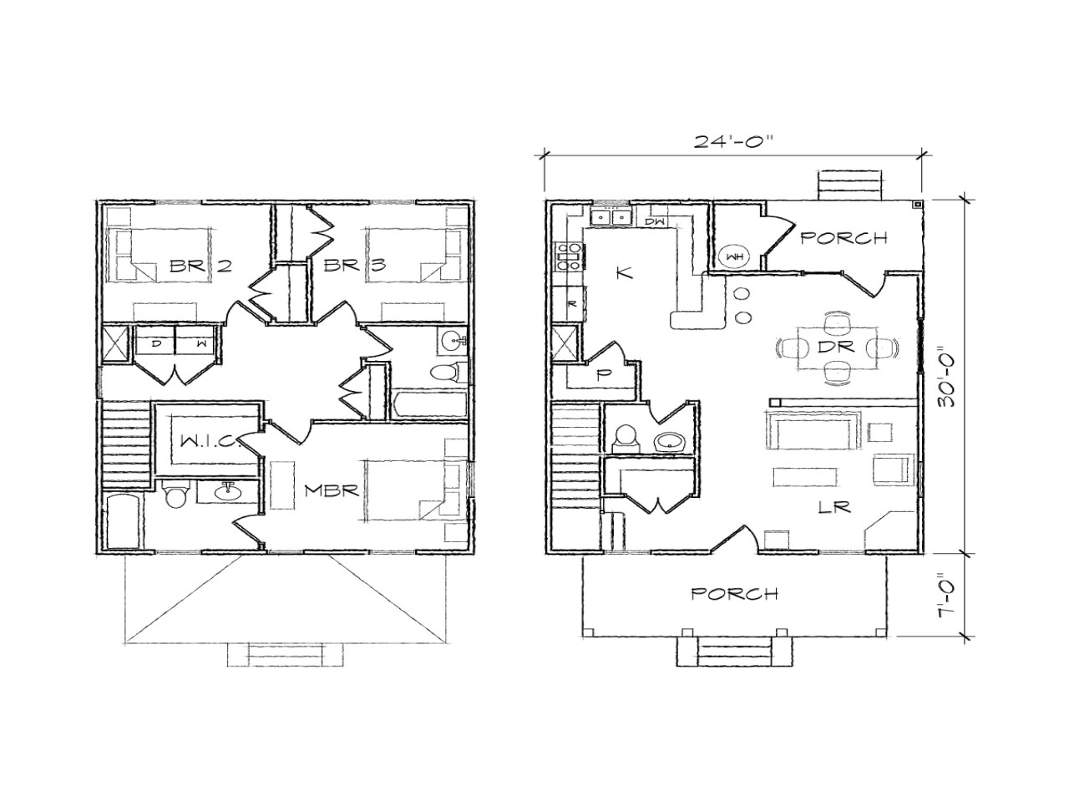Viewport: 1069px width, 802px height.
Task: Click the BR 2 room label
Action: click(x=200, y=266)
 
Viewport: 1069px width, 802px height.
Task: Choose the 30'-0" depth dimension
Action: click(x=946, y=376)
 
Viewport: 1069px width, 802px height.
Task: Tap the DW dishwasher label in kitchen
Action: click(x=654, y=221)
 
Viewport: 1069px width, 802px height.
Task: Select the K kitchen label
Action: click(x=624, y=272)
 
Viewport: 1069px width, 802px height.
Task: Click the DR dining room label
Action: click(x=836, y=347)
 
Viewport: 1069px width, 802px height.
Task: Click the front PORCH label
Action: click(x=734, y=594)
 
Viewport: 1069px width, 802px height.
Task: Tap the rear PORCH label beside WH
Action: click(x=844, y=238)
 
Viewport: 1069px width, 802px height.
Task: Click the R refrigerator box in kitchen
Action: click(x=571, y=303)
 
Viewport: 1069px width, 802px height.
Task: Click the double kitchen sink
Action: click(x=610, y=218)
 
